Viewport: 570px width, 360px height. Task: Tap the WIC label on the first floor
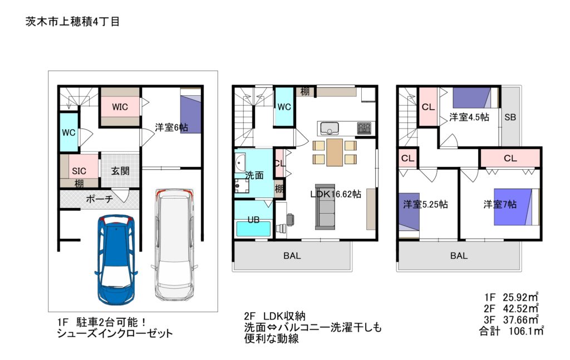coord(120,107)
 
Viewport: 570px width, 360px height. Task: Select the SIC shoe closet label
coord(79,171)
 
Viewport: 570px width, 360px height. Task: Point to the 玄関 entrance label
coord(120,170)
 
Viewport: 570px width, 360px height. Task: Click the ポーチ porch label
coord(99,199)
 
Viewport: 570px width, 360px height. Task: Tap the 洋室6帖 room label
coord(171,127)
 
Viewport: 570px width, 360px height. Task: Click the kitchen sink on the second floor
coord(330,128)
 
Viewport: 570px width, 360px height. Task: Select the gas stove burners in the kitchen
coord(364,128)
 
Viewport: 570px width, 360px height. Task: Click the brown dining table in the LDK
coord(335,152)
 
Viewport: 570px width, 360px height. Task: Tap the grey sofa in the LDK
coord(325,206)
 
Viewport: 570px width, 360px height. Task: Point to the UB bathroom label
coord(253,220)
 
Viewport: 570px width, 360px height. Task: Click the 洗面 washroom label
coord(254,175)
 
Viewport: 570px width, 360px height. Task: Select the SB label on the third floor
coord(510,117)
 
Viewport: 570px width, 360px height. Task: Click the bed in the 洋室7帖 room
coord(516,207)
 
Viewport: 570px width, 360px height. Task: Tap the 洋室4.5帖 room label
coord(469,117)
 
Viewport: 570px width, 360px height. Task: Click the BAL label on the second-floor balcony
coord(292,256)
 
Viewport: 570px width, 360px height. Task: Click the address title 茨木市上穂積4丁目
coord(73,22)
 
